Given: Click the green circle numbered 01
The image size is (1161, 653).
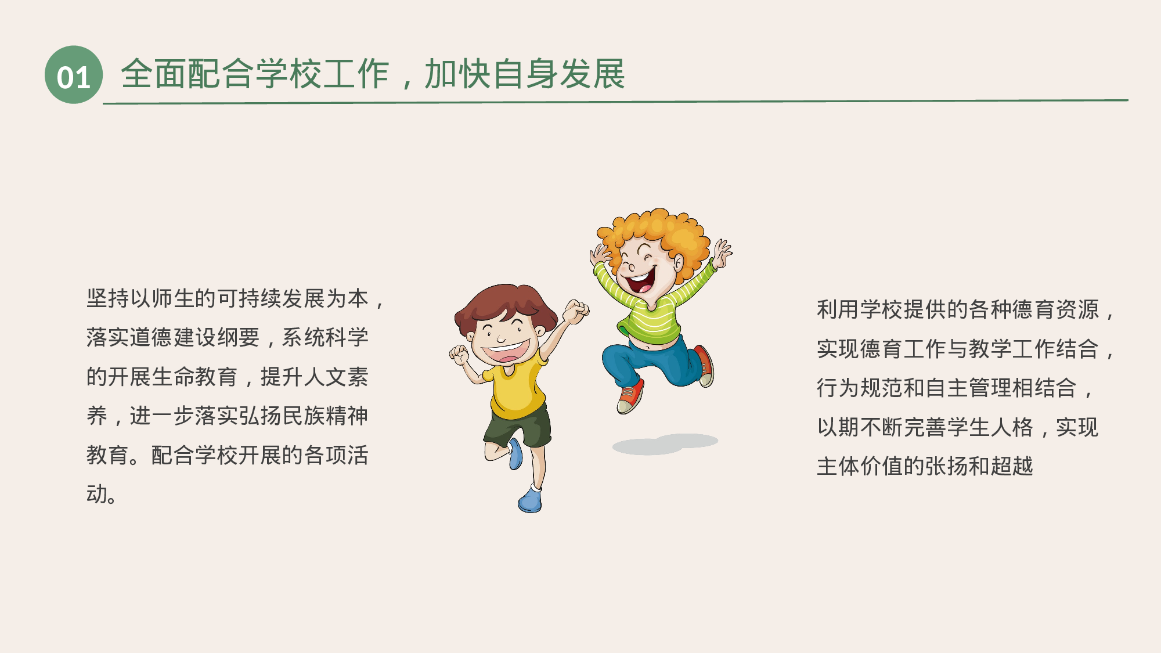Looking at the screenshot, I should pos(74,75).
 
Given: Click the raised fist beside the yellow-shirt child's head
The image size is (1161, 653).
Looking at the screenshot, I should pos(576,311).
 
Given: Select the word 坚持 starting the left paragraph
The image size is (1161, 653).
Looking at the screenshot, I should pos(108,298).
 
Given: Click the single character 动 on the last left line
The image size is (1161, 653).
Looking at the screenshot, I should pos(97,495).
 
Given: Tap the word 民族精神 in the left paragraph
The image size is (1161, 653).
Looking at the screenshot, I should pos(324,416).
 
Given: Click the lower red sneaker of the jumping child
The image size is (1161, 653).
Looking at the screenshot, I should pos(630,397).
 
